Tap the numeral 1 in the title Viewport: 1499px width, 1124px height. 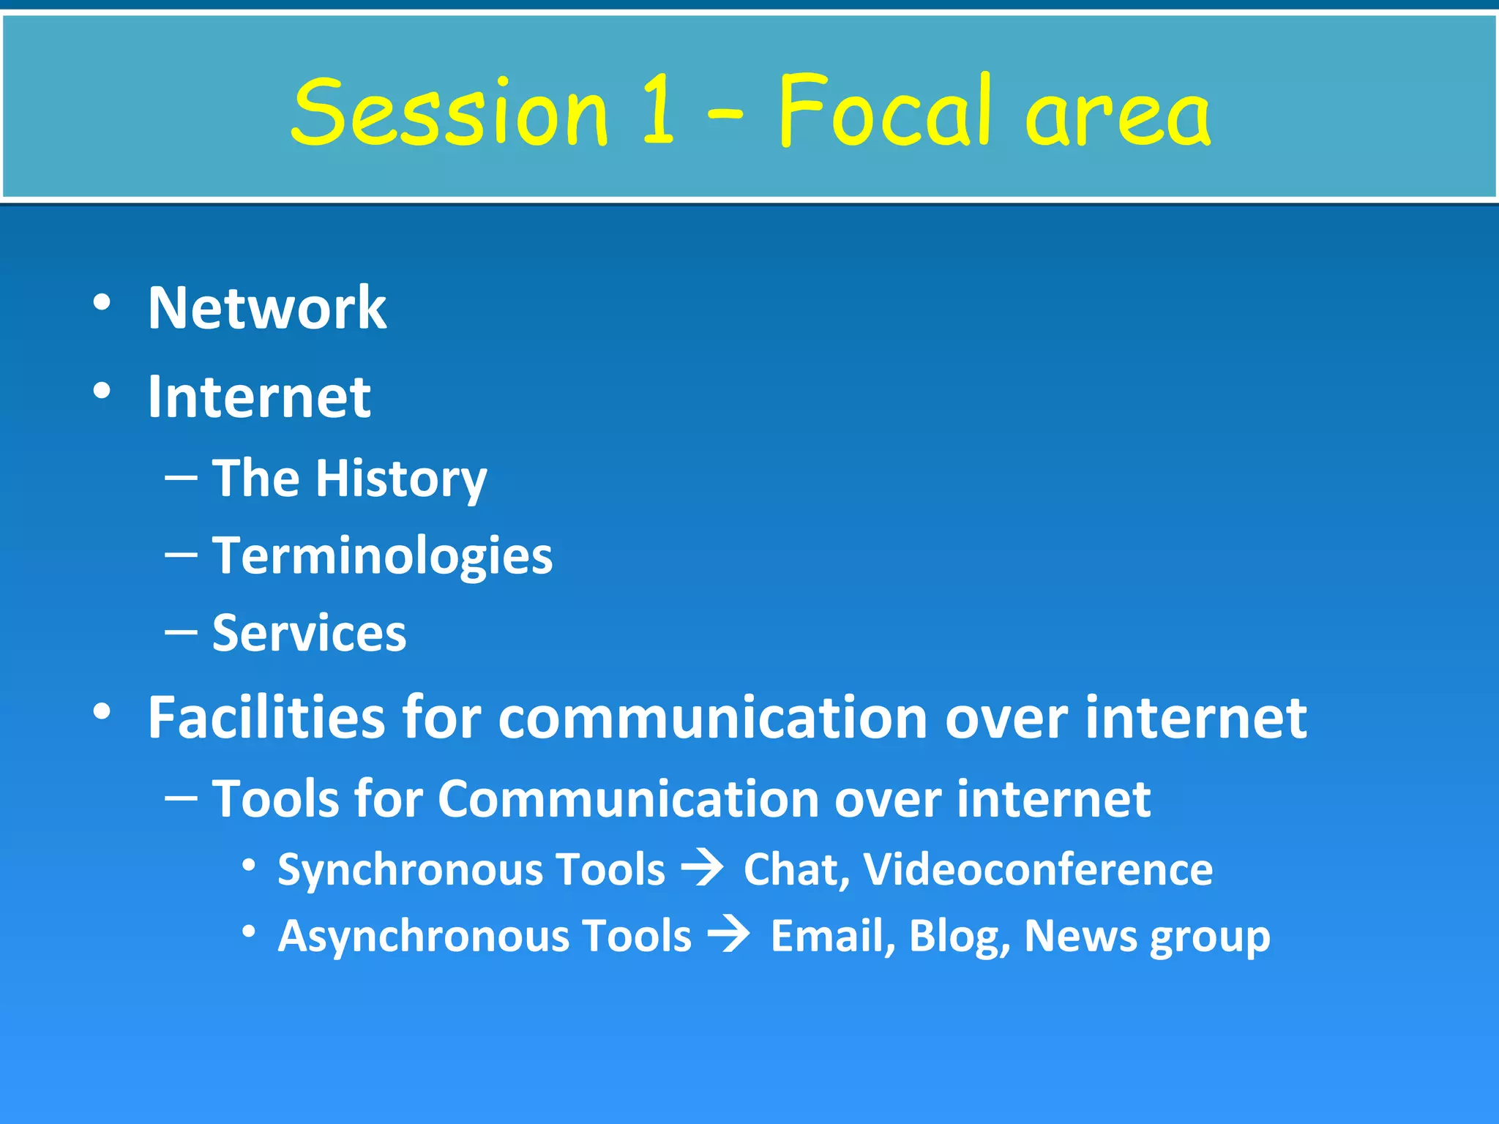(x=657, y=111)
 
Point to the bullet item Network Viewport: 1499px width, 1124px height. (x=267, y=308)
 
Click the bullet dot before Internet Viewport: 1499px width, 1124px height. (x=102, y=391)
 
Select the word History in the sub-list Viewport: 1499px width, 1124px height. (x=401, y=479)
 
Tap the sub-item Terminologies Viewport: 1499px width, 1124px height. (x=382, y=555)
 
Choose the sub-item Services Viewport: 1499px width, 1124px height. (x=309, y=633)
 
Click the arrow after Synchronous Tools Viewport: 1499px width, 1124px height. (x=703, y=869)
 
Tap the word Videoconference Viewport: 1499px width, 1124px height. (x=1038, y=869)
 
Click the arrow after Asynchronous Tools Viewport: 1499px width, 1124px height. (x=729, y=936)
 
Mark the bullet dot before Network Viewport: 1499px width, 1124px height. (x=102, y=302)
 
